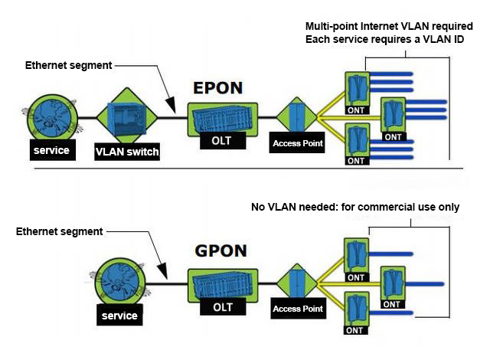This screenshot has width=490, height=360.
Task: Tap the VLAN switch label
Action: pyautogui.click(x=127, y=152)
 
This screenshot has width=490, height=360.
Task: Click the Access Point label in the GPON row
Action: pyautogui.click(x=298, y=309)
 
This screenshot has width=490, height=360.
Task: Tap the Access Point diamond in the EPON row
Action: pyautogui.click(x=297, y=116)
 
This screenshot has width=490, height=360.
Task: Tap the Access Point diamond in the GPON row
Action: pyautogui.click(x=297, y=282)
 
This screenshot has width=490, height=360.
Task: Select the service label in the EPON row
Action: pyautogui.click(x=51, y=150)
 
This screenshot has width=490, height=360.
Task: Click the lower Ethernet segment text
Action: pyautogui.click(x=59, y=231)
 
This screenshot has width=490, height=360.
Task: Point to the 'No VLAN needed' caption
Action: pyautogui.click(x=350, y=208)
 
